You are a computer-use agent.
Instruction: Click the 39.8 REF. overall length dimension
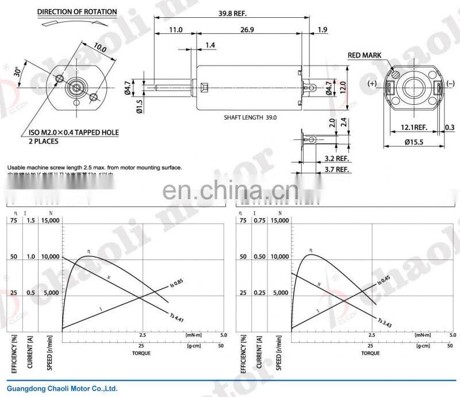click(x=231, y=12)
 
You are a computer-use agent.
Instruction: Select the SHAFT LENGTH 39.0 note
click(x=250, y=117)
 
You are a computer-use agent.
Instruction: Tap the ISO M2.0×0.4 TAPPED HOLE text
click(x=74, y=132)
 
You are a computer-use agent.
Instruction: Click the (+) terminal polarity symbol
click(x=372, y=83)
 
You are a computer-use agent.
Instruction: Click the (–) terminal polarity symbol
click(x=450, y=83)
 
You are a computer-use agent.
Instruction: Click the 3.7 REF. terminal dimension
click(x=337, y=169)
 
